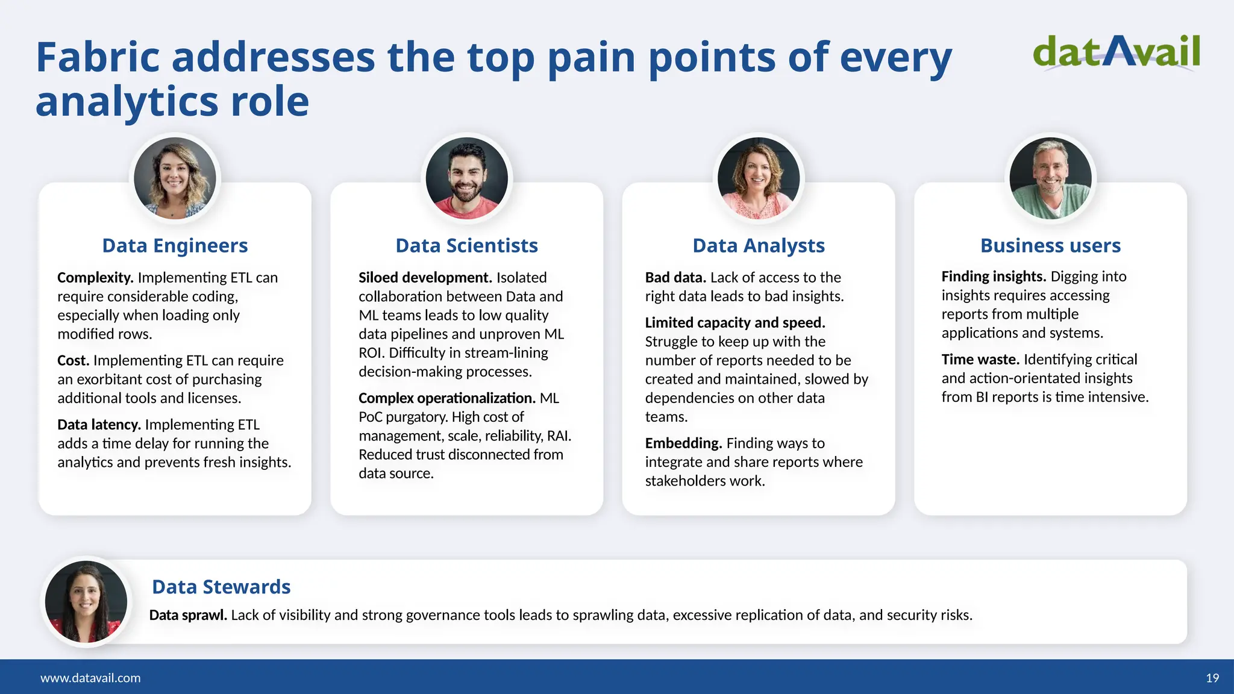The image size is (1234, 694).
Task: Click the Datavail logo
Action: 1116,53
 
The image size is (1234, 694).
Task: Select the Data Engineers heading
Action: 175,246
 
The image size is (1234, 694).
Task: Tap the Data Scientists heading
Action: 466,246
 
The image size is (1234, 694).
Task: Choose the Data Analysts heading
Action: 758,246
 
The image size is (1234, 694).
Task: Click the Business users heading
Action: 1050,246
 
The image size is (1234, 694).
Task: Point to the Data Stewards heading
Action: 221,587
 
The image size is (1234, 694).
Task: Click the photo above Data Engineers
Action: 175,178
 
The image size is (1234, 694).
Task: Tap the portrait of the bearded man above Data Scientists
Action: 466,178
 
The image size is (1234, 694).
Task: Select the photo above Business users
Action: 1050,178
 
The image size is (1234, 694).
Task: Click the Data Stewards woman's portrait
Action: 86,601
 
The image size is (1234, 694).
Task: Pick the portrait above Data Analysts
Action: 758,178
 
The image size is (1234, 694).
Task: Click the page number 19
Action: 1212,678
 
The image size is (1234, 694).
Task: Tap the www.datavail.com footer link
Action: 90,678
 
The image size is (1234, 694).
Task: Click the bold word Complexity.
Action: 95,278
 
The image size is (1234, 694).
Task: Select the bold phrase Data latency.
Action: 99,425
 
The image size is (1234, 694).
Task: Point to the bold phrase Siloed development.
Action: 425,278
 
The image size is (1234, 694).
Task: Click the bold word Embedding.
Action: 683,443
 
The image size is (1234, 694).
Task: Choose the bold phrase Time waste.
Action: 980,360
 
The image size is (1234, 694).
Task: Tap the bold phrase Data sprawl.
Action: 188,615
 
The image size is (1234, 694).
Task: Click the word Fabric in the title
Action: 99,57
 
